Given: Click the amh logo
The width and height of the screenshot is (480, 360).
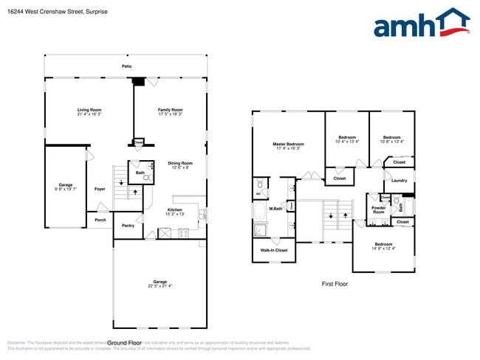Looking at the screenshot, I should pyautogui.click(x=421, y=24).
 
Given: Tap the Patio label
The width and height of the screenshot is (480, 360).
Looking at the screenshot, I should pyautogui.click(x=127, y=66).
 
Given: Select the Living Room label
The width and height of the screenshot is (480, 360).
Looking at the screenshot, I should pyautogui.click(x=89, y=110).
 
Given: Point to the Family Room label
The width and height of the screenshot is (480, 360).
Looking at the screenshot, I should pyautogui.click(x=171, y=110).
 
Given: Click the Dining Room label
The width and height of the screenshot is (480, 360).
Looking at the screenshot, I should pyautogui.click(x=179, y=163).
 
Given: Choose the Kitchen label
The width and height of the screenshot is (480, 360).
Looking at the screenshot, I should pyautogui.click(x=174, y=210).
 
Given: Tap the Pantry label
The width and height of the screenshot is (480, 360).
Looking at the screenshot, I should pyautogui.click(x=128, y=226).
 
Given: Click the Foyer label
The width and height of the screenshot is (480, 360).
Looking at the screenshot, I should pyautogui.click(x=100, y=189).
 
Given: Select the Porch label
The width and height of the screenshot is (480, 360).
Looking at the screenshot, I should pyautogui.click(x=100, y=220).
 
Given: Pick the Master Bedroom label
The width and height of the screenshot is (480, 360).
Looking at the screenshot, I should pyautogui.click(x=288, y=144).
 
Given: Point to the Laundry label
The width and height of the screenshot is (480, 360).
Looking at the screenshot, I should pyautogui.click(x=400, y=180).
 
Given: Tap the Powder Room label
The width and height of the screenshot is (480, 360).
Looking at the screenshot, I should pyautogui.click(x=378, y=210).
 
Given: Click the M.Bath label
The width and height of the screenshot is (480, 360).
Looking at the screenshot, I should pyautogui.click(x=275, y=209).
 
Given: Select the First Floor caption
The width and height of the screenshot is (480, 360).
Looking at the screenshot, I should pyautogui.click(x=334, y=283).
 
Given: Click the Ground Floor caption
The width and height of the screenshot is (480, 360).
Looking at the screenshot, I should pyautogui.click(x=124, y=343).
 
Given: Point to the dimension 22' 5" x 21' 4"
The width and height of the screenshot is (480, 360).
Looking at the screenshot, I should pyautogui.click(x=160, y=286).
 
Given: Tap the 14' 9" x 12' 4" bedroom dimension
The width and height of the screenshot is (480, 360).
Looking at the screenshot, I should pyautogui.click(x=383, y=249).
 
